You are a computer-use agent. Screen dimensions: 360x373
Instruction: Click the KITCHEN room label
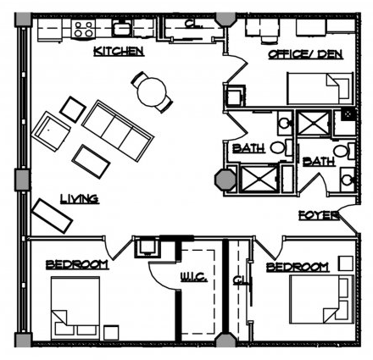tap(118, 52)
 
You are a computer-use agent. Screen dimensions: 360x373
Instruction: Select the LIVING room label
tap(80, 199)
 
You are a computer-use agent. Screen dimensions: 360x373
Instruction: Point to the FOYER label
tap(319, 215)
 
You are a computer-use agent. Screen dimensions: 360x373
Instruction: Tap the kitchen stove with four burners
tap(84, 28)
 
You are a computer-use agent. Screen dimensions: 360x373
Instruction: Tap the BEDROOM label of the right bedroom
tap(297, 268)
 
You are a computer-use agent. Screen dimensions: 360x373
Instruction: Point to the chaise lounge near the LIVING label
tap(51, 217)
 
